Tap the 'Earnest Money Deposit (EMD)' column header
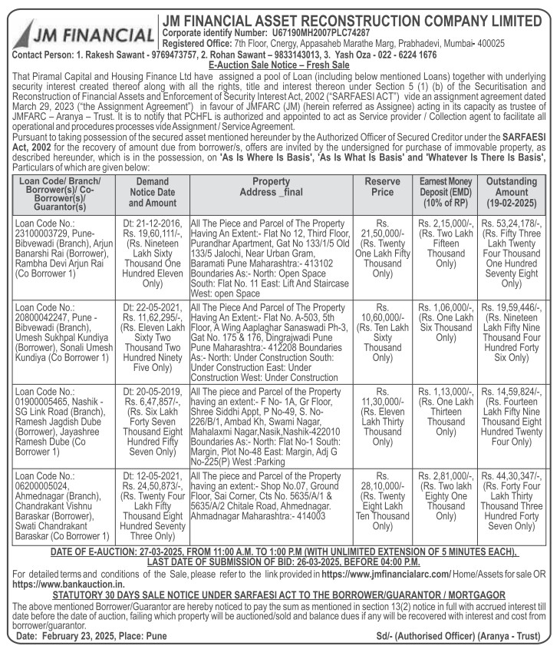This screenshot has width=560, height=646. click(x=445, y=191)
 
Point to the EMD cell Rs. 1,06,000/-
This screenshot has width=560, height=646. click(x=445, y=317)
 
